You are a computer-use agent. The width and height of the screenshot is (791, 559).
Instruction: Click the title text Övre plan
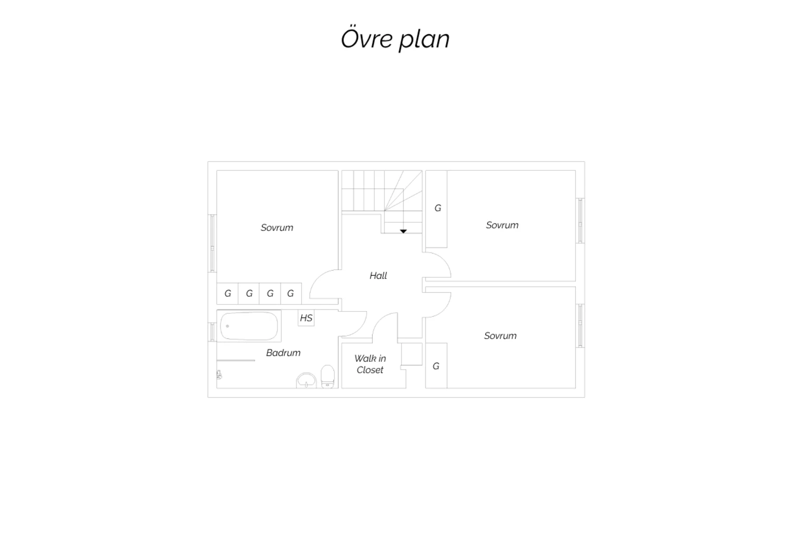pyautogui.click(x=395, y=38)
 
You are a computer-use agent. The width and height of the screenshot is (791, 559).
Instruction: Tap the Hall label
pyautogui.click(x=378, y=275)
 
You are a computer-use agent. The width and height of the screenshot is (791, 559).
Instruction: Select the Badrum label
pyautogui.click(x=283, y=353)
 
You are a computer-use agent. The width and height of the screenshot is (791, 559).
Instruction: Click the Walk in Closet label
pyautogui.click(x=370, y=364)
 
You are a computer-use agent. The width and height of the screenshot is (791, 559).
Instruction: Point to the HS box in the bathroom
pyautogui.click(x=306, y=318)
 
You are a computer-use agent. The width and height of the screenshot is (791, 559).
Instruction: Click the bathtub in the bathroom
pyautogui.click(x=249, y=326)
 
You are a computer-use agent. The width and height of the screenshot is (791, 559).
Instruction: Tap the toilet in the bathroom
pyautogui.click(x=327, y=377)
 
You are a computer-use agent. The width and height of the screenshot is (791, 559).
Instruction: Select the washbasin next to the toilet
pyautogui.click(x=306, y=381)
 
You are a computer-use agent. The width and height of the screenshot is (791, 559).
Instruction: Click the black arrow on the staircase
pyautogui.click(x=403, y=232)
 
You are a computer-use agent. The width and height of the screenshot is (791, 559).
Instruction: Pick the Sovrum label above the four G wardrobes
pyautogui.click(x=277, y=227)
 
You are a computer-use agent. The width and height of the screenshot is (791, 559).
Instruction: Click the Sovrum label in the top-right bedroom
pyautogui.click(x=502, y=225)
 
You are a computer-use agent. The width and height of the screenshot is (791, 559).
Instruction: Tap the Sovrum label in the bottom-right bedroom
pyautogui.click(x=500, y=335)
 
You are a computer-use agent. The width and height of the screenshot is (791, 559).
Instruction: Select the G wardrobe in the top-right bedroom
pyautogui.click(x=437, y=209)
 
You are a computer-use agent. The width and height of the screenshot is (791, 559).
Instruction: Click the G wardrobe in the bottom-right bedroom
pyautogui.click(x=436, y=365)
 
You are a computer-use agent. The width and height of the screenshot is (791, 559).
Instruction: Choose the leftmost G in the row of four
pyautogui.click(x=228, y=293)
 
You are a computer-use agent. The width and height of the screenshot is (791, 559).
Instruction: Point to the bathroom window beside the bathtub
pyautogui.click(x=212, y=332)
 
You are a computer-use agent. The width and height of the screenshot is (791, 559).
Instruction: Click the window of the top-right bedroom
pyautogui.click(x=580, y=221)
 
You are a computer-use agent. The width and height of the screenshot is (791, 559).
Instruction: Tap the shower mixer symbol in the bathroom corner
pyautogui.click(x=219, y=374)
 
